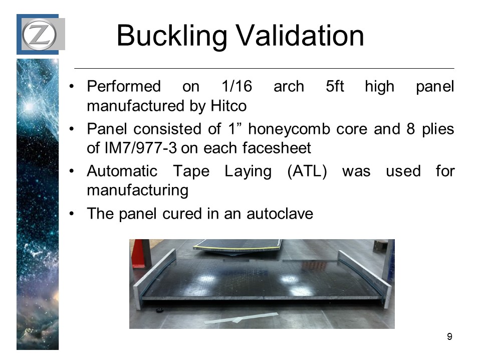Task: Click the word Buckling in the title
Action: click(x=172, y=36)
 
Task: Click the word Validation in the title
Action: click(x=300, y=36)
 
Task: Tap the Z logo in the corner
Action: click(x=39, y=34)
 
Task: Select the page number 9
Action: click(x=449, y=337)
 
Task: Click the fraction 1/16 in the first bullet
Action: click(x=236, y=86)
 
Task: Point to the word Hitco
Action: click(x=228, y=106)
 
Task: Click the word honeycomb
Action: click(x=289, y=129)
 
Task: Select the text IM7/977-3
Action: click(x=140, y=148)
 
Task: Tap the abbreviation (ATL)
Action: click(x=307, y=171)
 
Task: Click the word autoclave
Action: click(x=280, y=214)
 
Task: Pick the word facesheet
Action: click(x=277, y=148)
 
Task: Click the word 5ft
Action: click(x=335, y=86)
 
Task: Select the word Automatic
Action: click(x=122, y=171)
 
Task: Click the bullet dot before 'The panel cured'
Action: click(x=72, y=214)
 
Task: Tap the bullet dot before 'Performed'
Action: click(x=72, y=87)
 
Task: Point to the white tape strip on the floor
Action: click(x=242, y=318)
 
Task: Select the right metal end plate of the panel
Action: click(x=365, y=277)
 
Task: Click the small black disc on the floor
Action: click(x=159, y=310)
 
